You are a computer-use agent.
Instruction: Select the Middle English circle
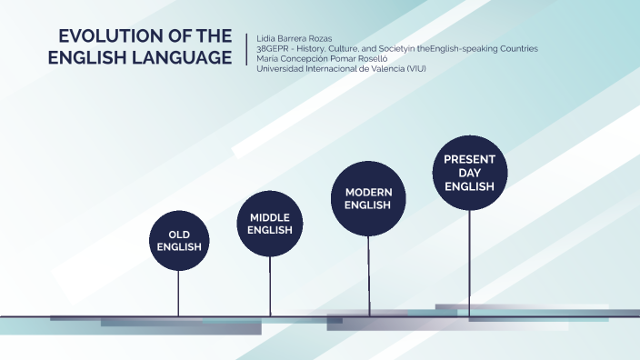270,224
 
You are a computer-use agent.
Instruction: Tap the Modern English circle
368,198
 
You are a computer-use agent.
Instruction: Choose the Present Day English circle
469,173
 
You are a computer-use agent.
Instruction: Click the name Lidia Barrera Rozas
295,38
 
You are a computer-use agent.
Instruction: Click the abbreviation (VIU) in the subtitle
414,68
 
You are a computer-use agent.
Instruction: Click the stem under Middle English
270,285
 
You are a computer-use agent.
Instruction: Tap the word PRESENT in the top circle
469,159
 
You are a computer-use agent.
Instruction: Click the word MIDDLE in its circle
270,217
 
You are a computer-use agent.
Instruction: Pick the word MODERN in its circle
368,192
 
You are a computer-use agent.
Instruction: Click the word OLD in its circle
178,235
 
